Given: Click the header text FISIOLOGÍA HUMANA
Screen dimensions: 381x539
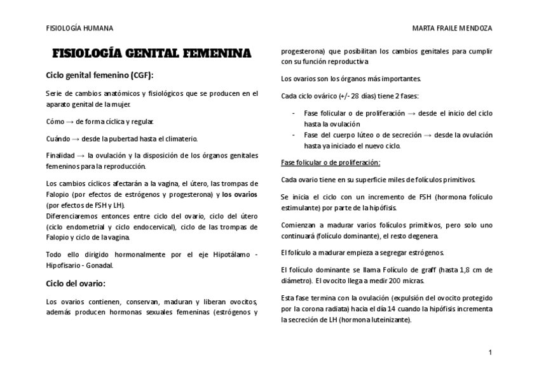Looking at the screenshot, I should [x=79, y=29].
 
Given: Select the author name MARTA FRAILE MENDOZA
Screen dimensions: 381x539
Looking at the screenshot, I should [x=452, y=29].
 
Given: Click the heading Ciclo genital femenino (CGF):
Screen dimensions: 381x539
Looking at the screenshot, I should [x=100, y=75].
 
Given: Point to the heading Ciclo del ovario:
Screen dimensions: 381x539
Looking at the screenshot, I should [x=76, y=283].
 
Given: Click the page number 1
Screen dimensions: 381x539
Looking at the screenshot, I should [x=490, y=352].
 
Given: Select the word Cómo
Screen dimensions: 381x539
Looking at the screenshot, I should [x=55, y=121].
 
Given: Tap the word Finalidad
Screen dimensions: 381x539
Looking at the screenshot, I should [x=60, y=156].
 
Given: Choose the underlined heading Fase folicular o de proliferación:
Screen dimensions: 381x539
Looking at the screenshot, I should [x=330, y=163].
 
